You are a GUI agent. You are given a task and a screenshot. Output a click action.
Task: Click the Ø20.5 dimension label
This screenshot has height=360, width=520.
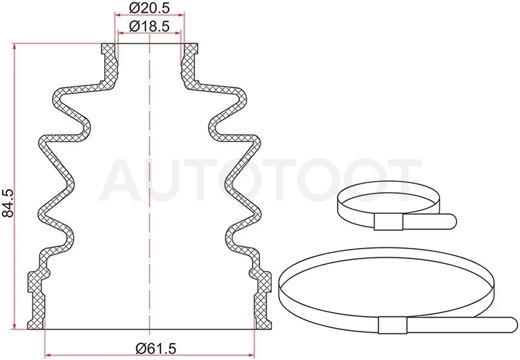(149, 8)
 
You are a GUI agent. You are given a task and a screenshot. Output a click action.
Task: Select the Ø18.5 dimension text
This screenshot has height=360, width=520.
(149, 26)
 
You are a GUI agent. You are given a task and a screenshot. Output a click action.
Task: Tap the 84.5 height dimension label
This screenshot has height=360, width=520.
(7, 203)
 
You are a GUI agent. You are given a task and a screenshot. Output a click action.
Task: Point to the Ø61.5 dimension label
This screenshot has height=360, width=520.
(156, 348)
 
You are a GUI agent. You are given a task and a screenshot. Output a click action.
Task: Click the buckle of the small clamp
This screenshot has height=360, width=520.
(388, 221)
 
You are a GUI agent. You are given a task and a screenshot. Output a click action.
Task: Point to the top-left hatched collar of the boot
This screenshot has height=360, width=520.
(109, 66)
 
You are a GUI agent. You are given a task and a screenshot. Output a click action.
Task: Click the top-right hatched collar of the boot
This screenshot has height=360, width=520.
(190, 66)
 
